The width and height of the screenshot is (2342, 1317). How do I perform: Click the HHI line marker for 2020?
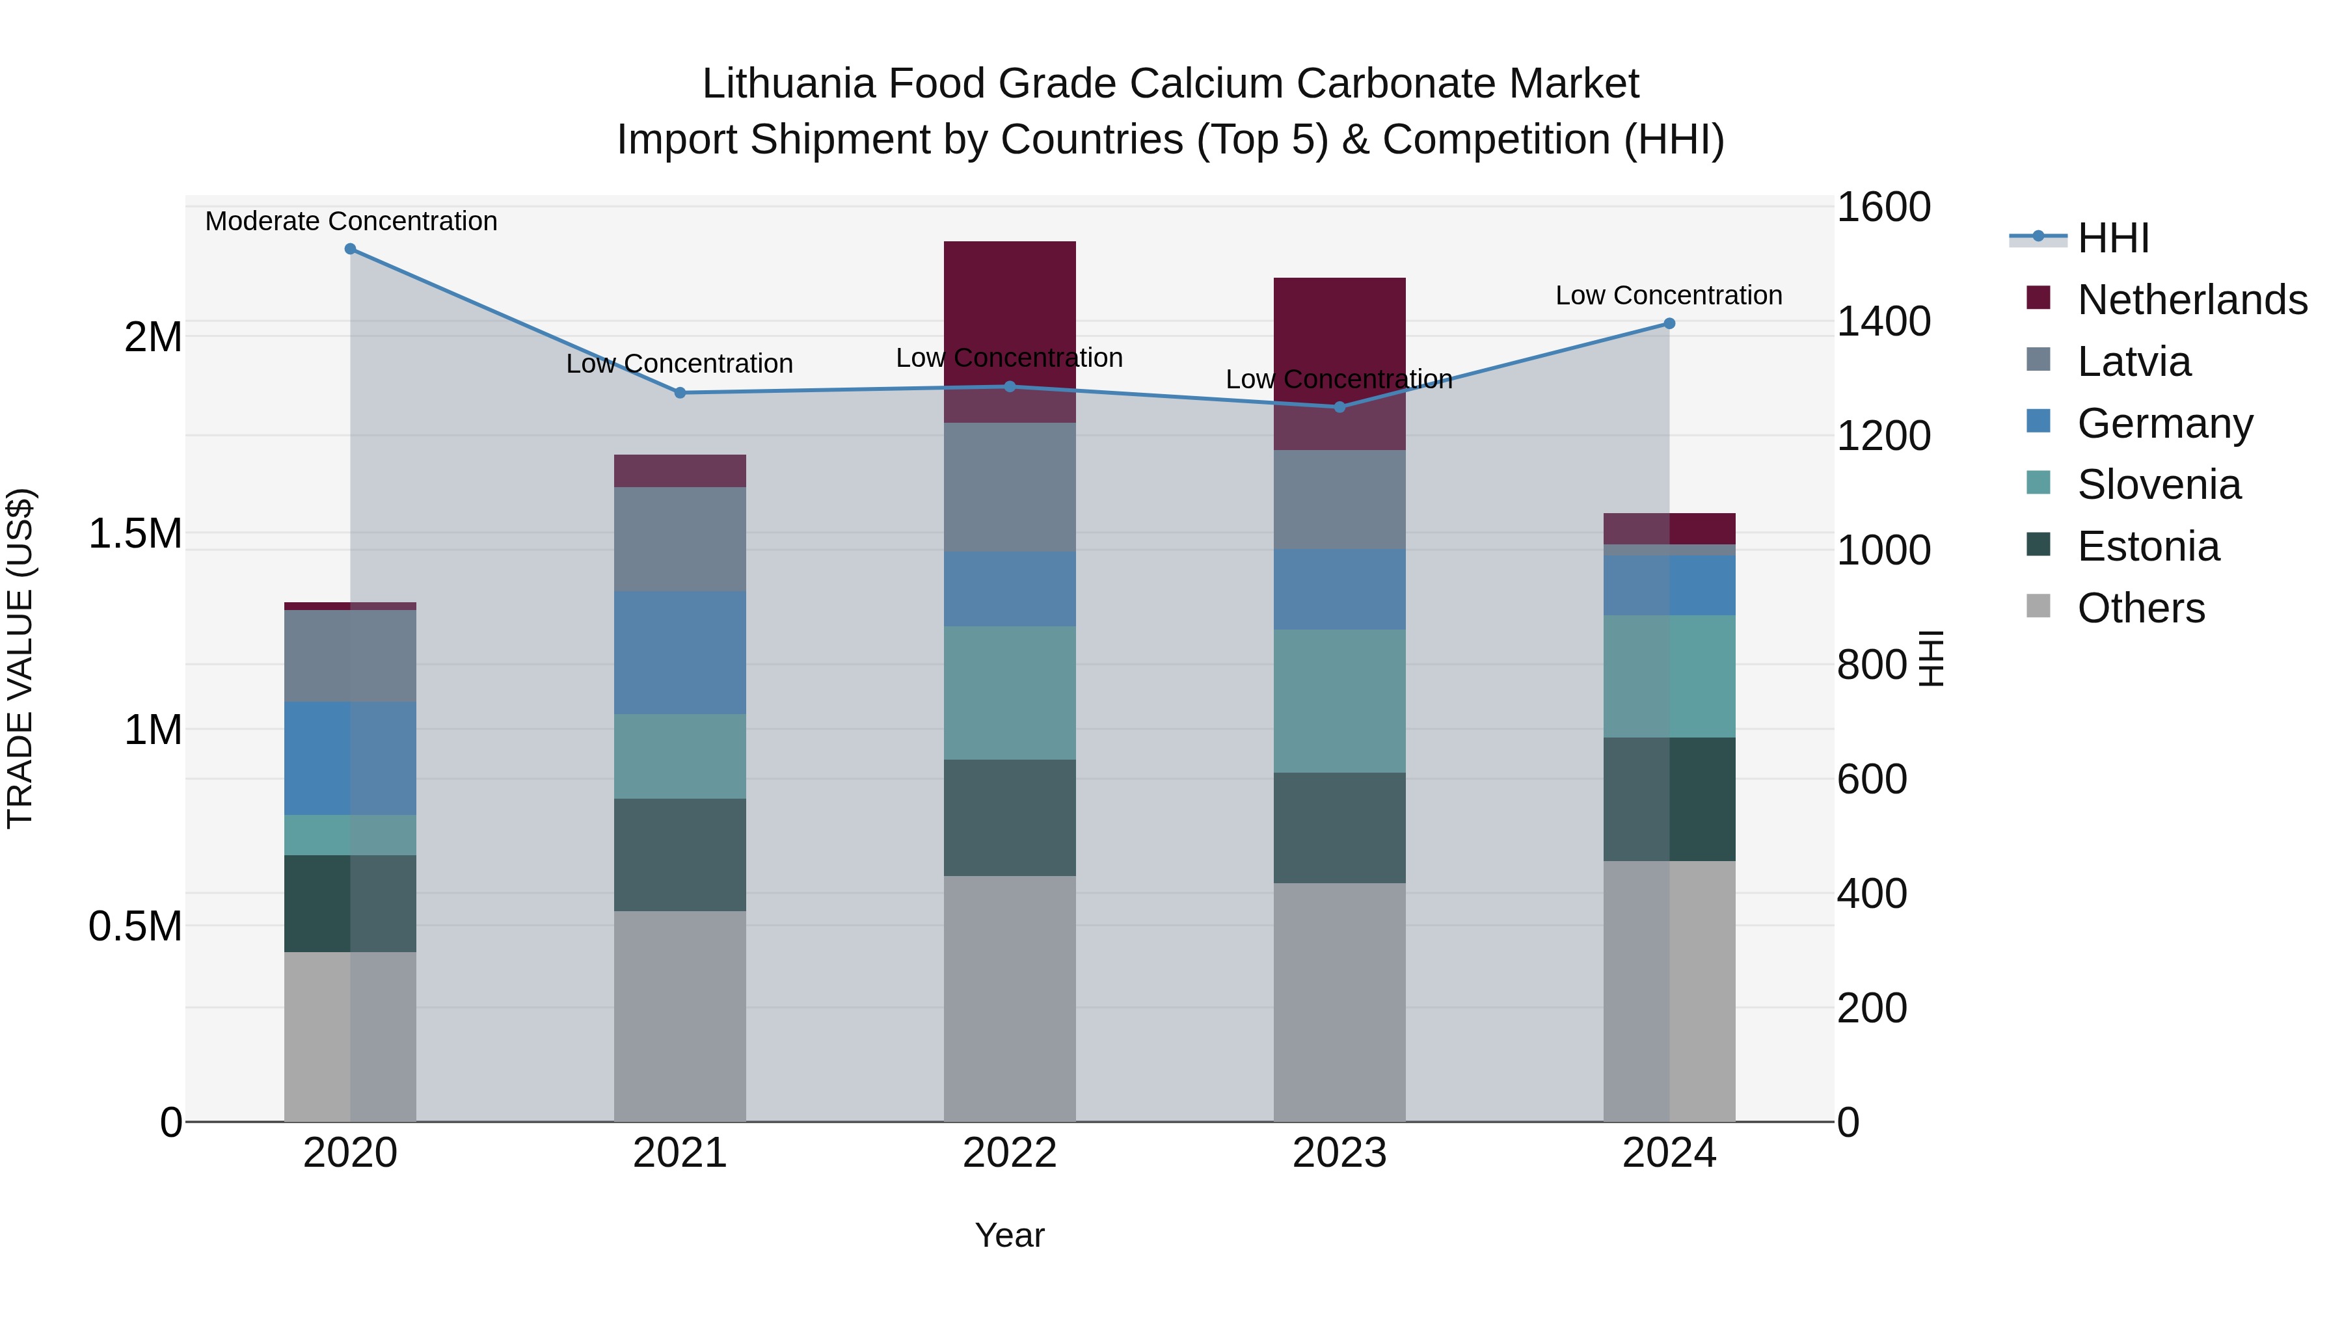tap(350, 249)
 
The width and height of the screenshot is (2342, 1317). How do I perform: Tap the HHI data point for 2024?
tap(1669, 324)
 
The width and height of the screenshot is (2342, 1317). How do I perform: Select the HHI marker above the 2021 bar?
tap(680, 393)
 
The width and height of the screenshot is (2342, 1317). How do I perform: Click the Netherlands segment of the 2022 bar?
tap(1009, 309)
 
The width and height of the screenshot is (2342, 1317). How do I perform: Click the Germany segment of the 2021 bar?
tap(680, 652)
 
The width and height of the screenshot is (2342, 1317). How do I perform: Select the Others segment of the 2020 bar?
tap(350, 1036)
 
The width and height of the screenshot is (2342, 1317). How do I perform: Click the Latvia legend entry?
tap(2134, 362)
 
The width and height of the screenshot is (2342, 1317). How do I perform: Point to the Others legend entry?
tap(2140, 608)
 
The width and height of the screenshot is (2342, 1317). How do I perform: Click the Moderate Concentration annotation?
tap(351, 221)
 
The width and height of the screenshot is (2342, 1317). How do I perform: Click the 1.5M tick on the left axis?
tap(135, 533)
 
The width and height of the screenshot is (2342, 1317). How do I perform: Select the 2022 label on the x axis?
tap(1009, 1153)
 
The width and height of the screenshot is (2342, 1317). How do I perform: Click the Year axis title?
tap(1009, 1235)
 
